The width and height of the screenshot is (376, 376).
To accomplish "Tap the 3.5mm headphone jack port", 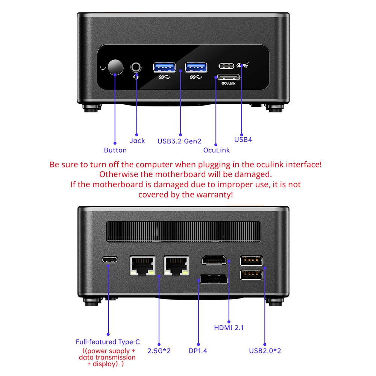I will click(136, 68).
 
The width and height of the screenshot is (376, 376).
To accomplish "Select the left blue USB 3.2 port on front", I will click(164, 67).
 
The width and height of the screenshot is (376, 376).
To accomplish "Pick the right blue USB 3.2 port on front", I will click(196, 67).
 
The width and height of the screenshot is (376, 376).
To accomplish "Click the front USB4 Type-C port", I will click(226, 66).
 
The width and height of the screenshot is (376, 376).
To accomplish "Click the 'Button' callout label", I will click(115, 150).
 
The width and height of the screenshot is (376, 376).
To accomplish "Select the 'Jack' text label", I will click(137, 141).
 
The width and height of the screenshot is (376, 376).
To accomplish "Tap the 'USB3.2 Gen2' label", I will click(179, 141).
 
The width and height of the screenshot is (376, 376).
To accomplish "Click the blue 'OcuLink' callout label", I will click(216, 150).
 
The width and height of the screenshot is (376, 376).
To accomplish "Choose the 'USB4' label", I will click(243, 139).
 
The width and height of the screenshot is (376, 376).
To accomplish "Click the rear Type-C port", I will click(109, 260).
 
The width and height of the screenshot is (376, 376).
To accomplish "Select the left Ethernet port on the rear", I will click(142, 265).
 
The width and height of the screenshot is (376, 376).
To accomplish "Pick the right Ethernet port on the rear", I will click(176, 265).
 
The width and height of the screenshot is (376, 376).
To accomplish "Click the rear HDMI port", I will click(214, 260).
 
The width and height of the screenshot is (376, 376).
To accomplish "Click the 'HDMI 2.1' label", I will click(229, 327).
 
